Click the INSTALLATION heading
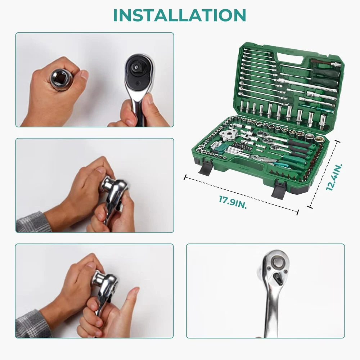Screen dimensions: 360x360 coord(180,15)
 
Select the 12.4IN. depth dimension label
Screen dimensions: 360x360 coord(334,177)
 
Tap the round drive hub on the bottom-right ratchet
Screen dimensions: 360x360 coord(277,262)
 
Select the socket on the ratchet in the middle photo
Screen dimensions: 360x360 coord(108,184)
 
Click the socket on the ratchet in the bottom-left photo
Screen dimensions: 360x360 coord(99,279)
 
